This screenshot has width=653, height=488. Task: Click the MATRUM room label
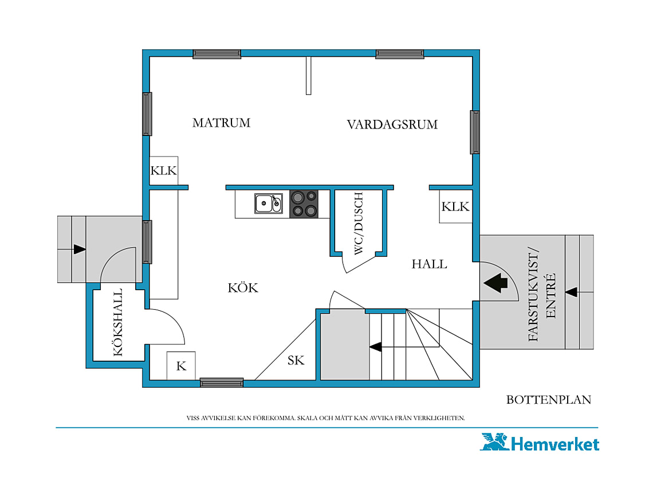tap(221, 123)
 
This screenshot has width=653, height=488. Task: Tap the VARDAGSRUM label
tap(392, 124)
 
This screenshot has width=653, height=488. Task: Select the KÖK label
tap(243, 287)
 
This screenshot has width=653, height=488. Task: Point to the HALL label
tap(429, 264)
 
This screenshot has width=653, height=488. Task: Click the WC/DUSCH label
tap(358, 223)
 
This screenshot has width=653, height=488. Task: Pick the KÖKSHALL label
tap(118, 322)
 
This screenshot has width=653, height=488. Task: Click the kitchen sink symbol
tap(269, 204)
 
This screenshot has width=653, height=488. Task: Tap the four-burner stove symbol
tap(304, 204)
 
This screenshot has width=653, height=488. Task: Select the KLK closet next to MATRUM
tap(164, 170)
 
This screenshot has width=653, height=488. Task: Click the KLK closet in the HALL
tap(455, 206)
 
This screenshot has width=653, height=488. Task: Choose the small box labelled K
tap(181, 366)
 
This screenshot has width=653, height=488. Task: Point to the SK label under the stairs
tap(296, 360)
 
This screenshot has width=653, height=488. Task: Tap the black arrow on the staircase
tap(375, 346)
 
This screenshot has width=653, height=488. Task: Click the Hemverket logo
tap(540, 443)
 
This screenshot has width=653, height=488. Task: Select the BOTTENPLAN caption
tap(549, 400)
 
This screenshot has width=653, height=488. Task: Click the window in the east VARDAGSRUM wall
tap(475, 132)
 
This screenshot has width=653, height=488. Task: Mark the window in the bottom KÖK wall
tap(222, 382)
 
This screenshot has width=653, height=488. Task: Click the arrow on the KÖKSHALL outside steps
tap(80, 249)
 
